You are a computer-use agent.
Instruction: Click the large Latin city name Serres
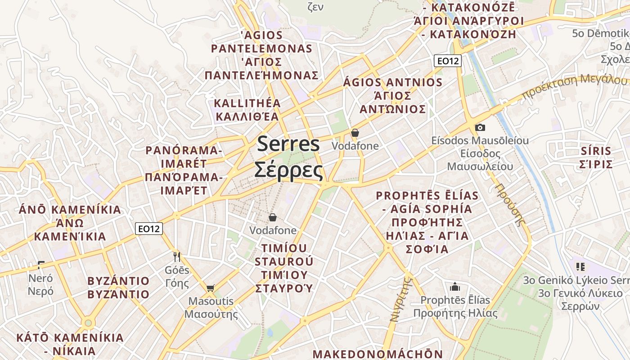coord(288,144)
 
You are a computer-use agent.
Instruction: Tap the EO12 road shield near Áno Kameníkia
coord(148,229)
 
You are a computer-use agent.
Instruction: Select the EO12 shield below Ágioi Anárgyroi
coord(448,61)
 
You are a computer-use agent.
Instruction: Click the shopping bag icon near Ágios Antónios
coord(355,133)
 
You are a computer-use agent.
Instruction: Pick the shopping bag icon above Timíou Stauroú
coord(273,218)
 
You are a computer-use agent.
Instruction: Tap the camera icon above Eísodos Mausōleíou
coord(480,127)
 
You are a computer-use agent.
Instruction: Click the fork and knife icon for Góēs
coord(177,257)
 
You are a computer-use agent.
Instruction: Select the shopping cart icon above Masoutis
coord(210,288)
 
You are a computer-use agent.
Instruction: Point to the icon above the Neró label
coord(41,265)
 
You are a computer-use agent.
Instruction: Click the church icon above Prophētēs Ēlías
coord(455,287)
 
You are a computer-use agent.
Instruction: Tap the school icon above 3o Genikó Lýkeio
coord(580,266)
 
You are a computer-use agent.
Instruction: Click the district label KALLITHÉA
coord(247,103)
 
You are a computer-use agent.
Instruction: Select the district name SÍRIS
coord(596,151)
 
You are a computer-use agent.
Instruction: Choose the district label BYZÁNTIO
coord(118,281)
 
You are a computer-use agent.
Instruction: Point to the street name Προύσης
coord(511,204)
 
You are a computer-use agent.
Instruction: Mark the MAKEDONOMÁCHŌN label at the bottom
coord(378,354)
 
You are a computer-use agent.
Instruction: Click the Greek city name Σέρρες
coord(288,171)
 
